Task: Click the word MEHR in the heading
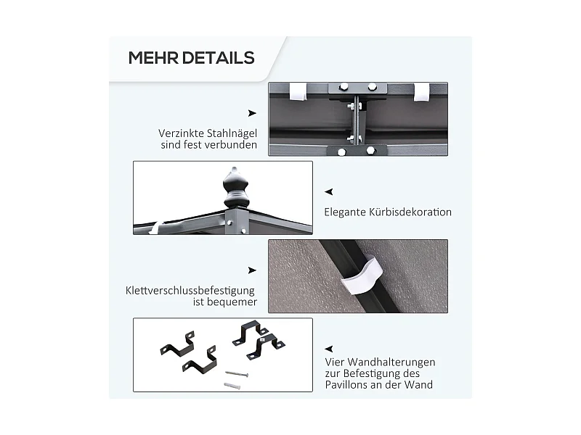point(153,58)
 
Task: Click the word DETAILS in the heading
point(219,58)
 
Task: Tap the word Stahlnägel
point(232,133)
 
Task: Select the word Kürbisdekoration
point(410,212)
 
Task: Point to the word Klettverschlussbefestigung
point(190,291)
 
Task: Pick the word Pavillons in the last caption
point(348,385)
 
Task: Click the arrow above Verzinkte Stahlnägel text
point(252,113)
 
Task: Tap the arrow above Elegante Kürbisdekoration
point(329,191)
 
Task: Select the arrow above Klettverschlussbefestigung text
point(252,270)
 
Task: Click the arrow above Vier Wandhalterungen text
point(329,349)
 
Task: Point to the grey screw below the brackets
point(236,374)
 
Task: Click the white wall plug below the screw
point(232,386)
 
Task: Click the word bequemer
point(225,302)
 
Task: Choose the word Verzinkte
point(181,133)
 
